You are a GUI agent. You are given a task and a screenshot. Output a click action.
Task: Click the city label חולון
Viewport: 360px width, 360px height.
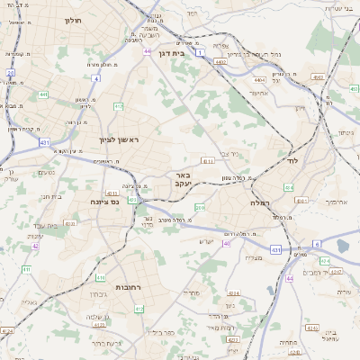click(x=73, y=19)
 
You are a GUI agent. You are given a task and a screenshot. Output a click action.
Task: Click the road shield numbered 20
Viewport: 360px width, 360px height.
click(x=11, y=72)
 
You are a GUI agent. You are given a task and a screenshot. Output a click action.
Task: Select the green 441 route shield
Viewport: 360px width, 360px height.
click(x=43, y=94)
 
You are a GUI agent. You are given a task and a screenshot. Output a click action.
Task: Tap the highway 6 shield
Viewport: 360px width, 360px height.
click(x=317, y=244)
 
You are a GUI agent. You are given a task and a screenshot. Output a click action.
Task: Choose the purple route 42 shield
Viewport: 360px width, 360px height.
click(x=35, y=245)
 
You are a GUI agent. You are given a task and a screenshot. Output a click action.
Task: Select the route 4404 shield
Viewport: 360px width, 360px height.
click(x=260, y=79)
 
